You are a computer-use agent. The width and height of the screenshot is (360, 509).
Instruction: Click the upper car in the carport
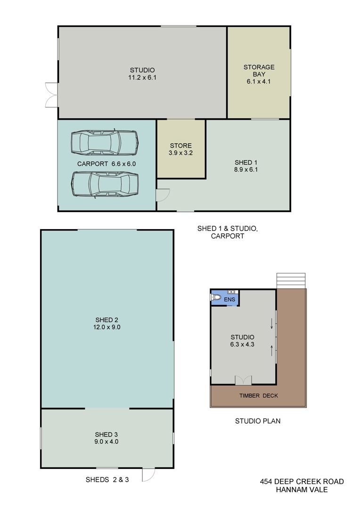pos(105,142)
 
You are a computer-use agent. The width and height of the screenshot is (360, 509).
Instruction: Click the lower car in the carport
pos(105,184)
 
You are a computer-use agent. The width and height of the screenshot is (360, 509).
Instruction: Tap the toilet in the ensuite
pos(216,297)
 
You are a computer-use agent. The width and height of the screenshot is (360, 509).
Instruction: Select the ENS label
pos(229,299)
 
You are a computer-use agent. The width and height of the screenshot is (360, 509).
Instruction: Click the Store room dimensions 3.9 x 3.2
pos(181,153)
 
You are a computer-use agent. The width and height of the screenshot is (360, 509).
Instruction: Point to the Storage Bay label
pos(259,70)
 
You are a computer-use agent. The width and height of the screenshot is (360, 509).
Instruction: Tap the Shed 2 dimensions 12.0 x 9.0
pos(107,327)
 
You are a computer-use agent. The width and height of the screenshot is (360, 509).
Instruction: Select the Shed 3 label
pos(106,435)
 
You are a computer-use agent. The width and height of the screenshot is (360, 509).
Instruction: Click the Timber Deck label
pos(259,396)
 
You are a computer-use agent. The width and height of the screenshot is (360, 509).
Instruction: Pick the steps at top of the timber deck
pos(291,280)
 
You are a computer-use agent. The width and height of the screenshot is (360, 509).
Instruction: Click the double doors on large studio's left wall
pos(52,95)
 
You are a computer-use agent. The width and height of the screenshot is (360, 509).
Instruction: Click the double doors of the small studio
pos(243,380)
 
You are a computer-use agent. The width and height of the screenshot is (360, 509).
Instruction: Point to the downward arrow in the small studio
pos(272,324)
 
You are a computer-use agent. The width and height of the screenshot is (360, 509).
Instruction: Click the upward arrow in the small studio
pos(272,351)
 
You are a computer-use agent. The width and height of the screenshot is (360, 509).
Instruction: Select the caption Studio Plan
pos(258,421)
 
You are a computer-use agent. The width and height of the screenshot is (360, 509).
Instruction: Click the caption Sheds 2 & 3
pos(107,479)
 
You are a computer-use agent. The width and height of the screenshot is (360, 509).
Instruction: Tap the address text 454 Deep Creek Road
pos(302,481)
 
